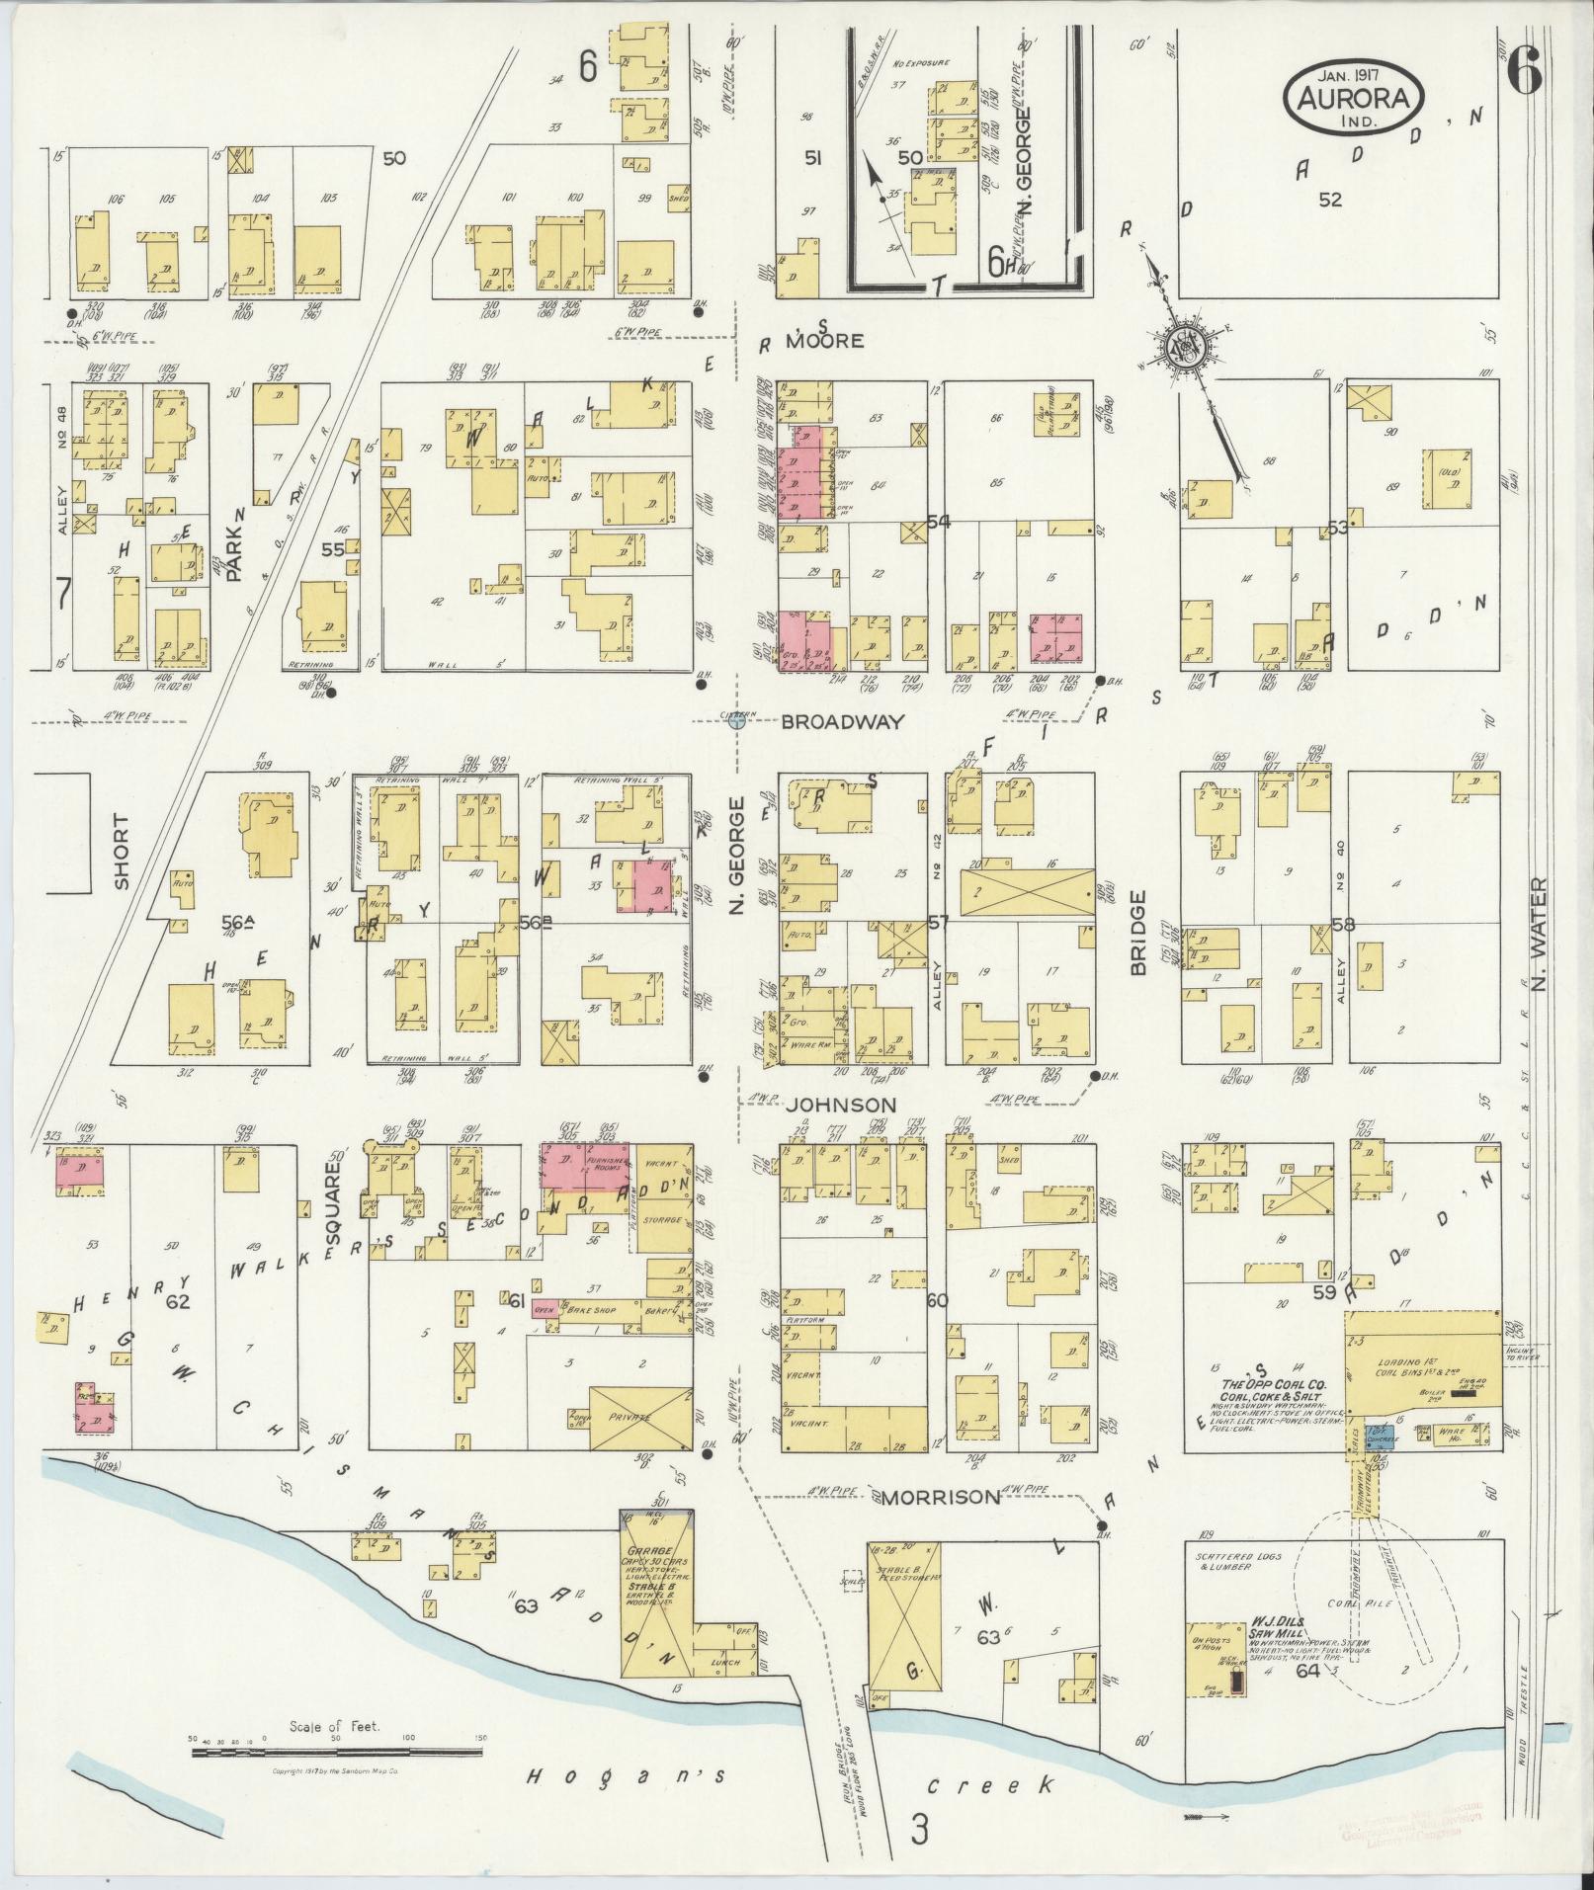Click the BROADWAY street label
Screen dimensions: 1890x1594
[842, 722]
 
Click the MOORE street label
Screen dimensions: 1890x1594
[824, 341]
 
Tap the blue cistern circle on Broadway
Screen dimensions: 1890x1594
[735, 722]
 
